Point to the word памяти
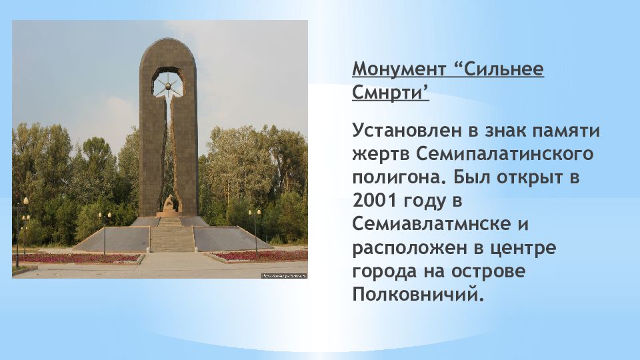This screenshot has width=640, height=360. [x=567, y=131]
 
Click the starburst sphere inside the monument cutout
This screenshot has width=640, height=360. [x=168, y=86]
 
